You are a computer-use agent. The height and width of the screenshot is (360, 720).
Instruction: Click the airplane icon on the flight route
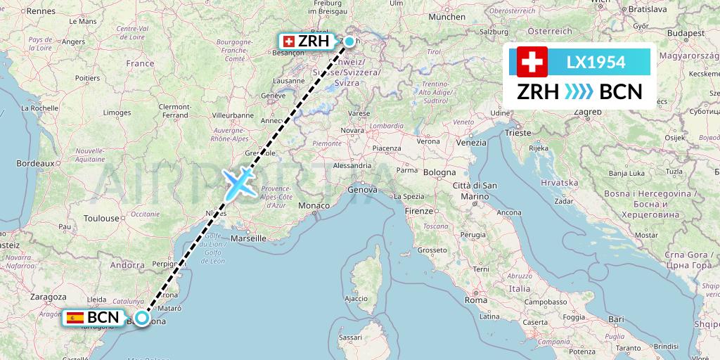[240, 183]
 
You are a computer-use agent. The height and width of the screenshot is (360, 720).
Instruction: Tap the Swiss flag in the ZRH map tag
[288, 41]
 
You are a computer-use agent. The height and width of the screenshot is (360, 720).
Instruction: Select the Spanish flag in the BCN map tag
[75, 318]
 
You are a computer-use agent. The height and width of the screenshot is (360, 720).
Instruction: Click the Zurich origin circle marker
[349, 41]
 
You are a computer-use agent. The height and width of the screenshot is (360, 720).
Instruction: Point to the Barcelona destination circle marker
[142, 318]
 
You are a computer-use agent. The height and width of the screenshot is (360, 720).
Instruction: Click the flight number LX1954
[596, 62]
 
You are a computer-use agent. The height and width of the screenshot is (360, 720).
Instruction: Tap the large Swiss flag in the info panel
[532, 62]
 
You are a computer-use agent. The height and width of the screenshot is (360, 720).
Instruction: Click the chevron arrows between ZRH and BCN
[579, 92]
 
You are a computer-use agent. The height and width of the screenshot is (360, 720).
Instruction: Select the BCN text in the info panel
[619, 92]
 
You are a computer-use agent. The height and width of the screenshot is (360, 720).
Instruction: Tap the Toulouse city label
[101, 219]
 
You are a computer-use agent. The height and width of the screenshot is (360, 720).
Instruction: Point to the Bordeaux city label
[35, 162]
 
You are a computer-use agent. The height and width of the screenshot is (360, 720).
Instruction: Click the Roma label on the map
[476, 300]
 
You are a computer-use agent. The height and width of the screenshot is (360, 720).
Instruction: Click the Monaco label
[314, 205]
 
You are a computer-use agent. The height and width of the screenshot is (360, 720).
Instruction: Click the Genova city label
[363, 190]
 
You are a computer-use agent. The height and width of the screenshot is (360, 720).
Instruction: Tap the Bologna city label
[439, 172]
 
